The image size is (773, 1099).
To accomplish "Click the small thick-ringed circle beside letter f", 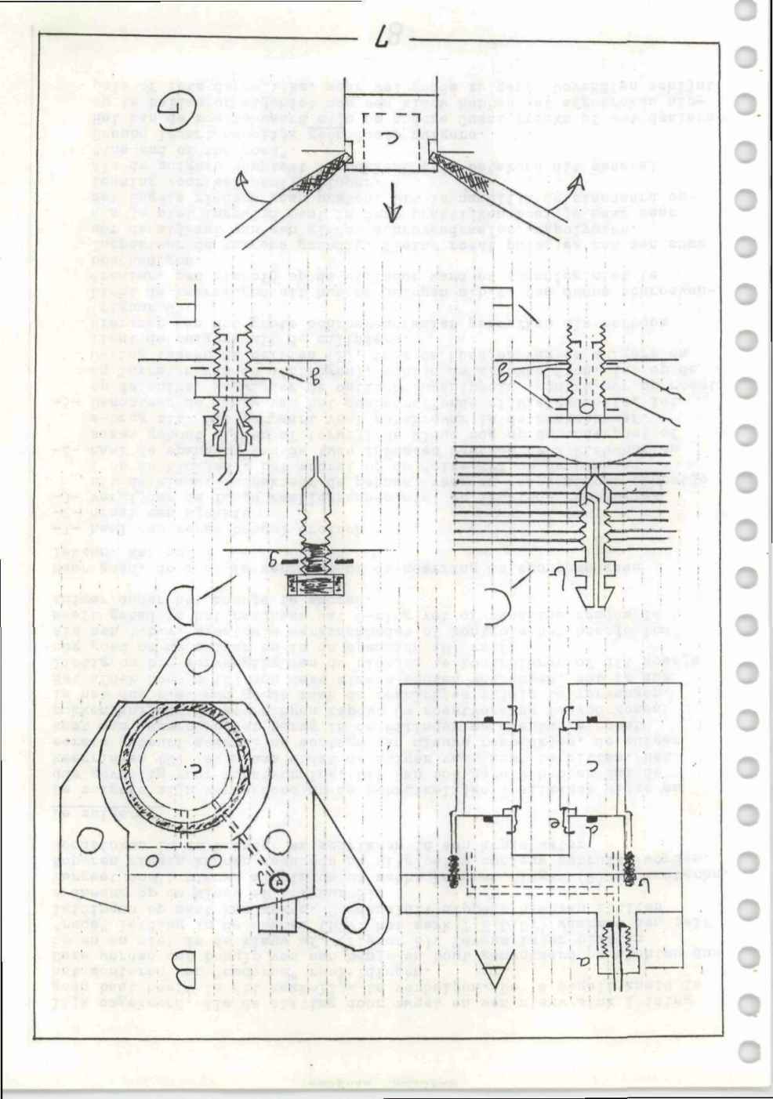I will coord(277,881).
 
